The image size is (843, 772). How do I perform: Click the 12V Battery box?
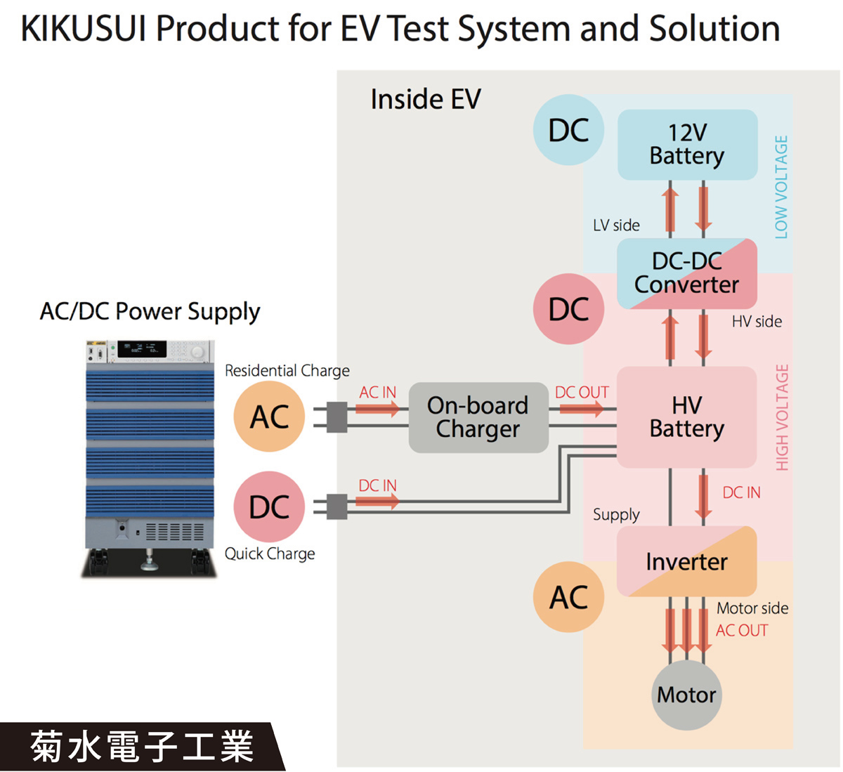tap(687, 144)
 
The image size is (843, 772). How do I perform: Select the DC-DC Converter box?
tap(687, 273)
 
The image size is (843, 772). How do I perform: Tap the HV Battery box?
tap(686, 417)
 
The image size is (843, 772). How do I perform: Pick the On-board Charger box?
tap(478, 417)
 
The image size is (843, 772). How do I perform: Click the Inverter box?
tap(686, 561)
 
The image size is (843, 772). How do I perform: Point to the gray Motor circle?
tap(686, 695)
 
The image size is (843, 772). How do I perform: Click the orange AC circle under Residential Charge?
tap(269, 417)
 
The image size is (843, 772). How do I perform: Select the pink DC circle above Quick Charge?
tap(269, 506)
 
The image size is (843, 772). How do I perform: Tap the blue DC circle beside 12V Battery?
tap(568, 131)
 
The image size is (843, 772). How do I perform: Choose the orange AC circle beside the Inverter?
tap(568, 597)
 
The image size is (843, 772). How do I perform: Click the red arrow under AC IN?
tap(377, 408)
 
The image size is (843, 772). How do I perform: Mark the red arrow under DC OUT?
tap(580, 408)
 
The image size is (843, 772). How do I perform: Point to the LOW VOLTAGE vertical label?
tap(781, 187)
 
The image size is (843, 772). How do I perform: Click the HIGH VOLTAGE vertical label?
tap(782, 417)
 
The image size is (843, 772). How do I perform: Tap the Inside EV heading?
tap(426, 100)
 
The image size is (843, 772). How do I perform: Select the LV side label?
tap(616, 225)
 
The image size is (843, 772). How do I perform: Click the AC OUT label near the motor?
tap(742, 631)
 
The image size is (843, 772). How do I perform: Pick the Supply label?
tap(616, 514)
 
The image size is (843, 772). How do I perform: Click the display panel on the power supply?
tap(141, 348)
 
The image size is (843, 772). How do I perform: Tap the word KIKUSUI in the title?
tap(83, 30)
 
